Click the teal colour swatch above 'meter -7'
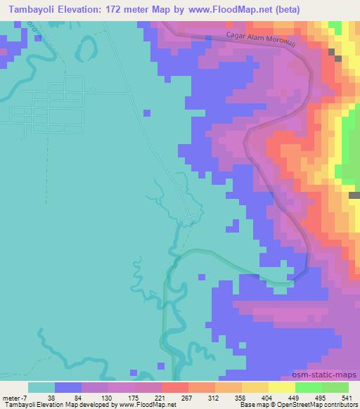[x=41, y=387]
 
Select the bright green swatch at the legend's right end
[x=335, y=387]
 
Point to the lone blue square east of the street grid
[x=146, y=112]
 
